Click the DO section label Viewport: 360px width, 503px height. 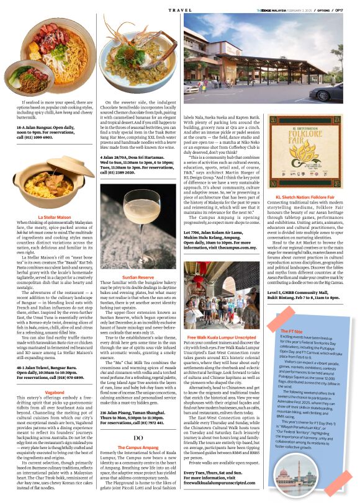[139, 419]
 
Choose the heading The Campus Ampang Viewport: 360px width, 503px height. [138, 429]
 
